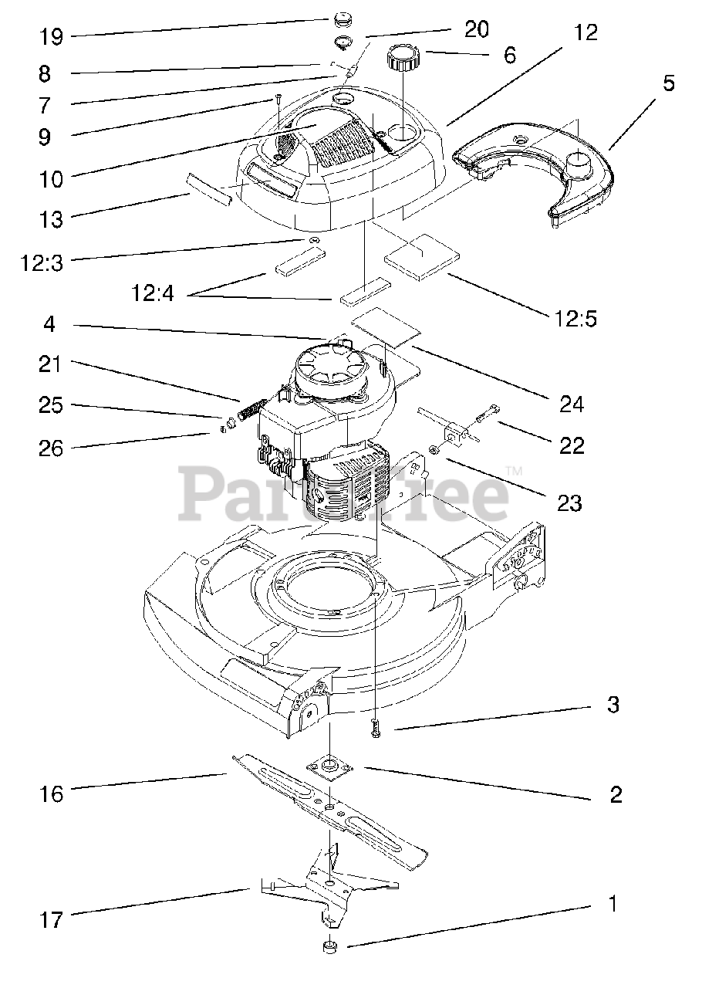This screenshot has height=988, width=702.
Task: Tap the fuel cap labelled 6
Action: coord(402,58)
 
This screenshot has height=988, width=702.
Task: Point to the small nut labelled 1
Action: coord(329,946)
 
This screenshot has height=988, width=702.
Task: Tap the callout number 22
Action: coord(572,445)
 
